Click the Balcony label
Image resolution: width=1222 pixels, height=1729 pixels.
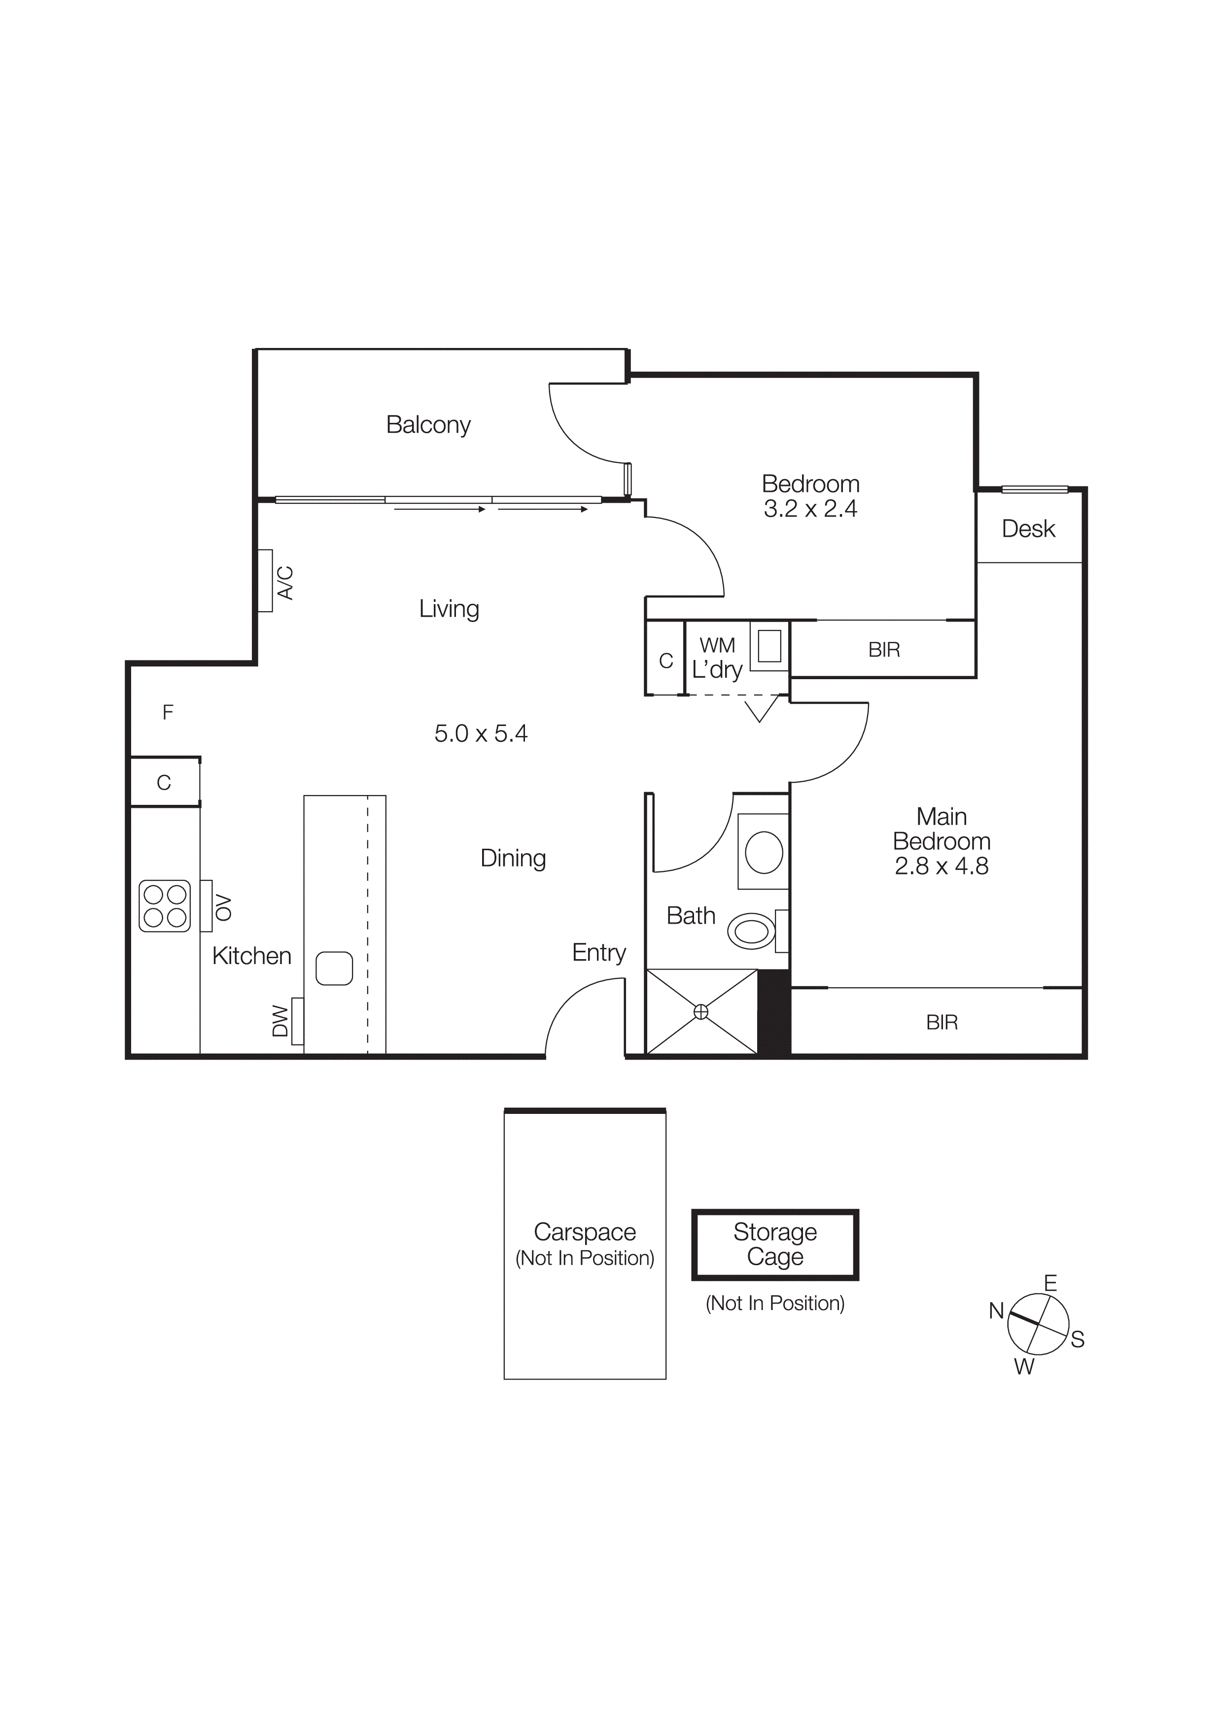[428, 425]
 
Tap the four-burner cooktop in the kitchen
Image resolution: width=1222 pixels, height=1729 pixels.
[165, 906]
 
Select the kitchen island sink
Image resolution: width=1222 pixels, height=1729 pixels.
[334, 968]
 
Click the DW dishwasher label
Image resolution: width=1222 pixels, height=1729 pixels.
[280, 1021]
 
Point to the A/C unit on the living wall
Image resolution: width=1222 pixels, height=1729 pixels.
[266, 581]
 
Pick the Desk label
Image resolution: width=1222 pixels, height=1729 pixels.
[1028, 529]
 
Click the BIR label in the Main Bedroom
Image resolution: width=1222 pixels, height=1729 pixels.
[942, 1023]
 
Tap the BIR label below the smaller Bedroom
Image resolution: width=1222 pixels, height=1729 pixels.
[884, 650]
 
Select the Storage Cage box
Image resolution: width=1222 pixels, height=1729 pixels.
[775, 1245]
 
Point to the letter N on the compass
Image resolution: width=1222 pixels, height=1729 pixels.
[996, 1311]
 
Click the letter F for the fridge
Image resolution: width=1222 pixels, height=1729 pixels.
[168, 712]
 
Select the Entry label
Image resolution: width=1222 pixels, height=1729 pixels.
[598, 953]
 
